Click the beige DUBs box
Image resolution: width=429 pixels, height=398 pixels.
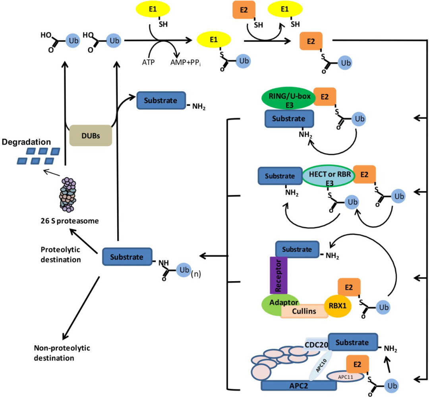click(90, 135)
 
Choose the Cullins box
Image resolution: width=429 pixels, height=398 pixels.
click(304, 311)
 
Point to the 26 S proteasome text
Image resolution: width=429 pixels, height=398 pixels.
click(67, 220)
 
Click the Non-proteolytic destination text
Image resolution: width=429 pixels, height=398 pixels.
click(62, 353)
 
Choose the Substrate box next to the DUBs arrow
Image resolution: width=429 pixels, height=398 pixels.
click(161, 101)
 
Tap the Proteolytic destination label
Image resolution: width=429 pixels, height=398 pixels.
click(60, 255)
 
